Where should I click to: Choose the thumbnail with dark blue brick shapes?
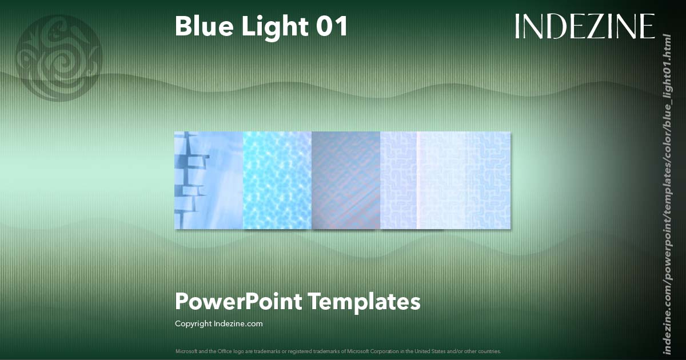coord(209,181)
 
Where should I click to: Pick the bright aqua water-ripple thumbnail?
coord(277,181)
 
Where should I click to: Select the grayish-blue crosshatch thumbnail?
coord(346,181)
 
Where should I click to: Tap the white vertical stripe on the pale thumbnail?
coord(417,181)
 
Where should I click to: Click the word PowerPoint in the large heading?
coord(238,301)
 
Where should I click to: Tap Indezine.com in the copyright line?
coord(238,323)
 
